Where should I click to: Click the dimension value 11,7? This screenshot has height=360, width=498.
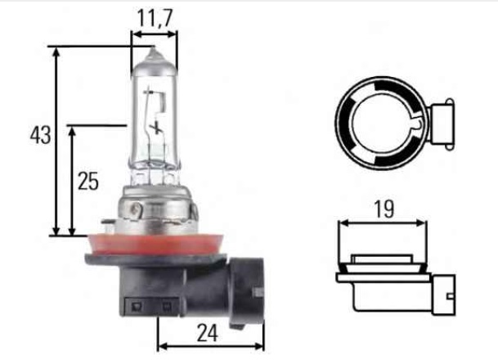click(155, 16)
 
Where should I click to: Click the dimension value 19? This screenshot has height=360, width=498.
click(382, 209)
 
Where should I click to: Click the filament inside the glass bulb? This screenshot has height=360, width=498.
click(155, 115)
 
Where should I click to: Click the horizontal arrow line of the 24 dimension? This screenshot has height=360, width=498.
click(210, 345)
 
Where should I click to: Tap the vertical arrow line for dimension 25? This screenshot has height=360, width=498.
click(73, 180)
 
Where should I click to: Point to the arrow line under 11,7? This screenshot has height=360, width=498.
click(155, 35)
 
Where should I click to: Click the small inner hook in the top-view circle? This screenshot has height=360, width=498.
click(415, 124)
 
